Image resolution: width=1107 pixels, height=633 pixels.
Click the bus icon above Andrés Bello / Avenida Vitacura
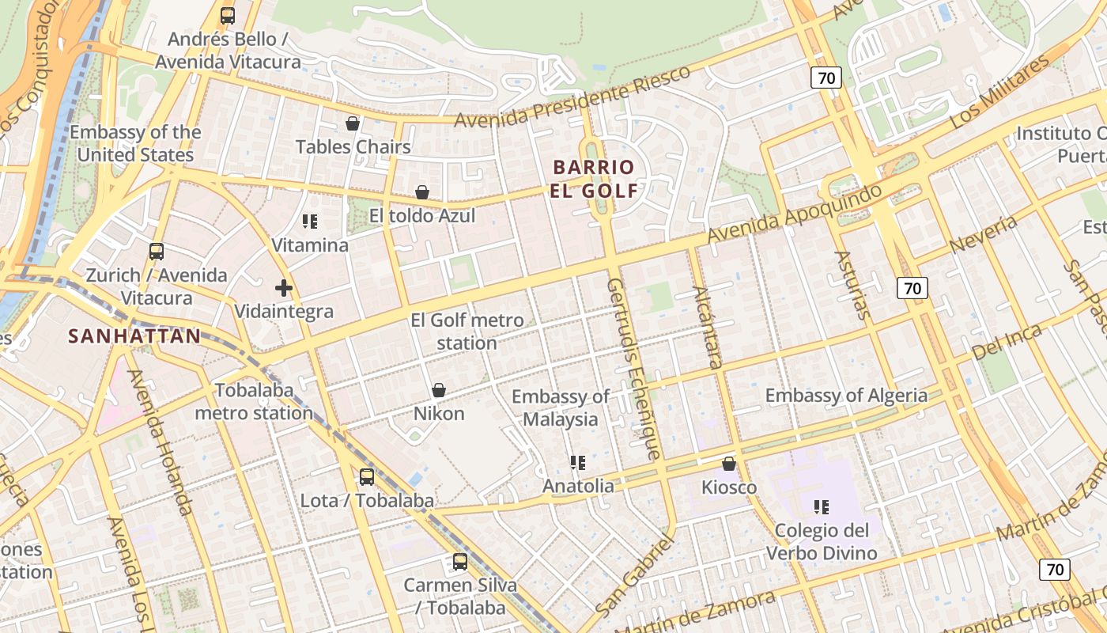click(x=228, y=15)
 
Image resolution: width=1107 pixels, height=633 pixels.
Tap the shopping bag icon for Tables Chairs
click(x=353, y=123)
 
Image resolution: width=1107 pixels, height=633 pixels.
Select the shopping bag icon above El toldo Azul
click(x=422, y=192)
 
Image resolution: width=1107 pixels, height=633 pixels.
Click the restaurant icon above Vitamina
click(x=310, y=222)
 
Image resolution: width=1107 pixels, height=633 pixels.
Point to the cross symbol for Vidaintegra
click(x=284, y=288)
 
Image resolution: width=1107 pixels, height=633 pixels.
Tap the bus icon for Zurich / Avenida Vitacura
click(x=157, y=252)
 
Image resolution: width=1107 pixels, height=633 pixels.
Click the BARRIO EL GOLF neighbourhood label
click(x=595, y=179)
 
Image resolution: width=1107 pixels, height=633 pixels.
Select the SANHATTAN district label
click(x=134, y=336)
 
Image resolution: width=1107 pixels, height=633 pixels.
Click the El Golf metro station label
click(x=467, y=332)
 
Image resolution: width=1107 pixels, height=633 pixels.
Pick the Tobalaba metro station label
click(x=254, y=401)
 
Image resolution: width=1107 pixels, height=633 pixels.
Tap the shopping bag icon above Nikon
click(x=439, y=390)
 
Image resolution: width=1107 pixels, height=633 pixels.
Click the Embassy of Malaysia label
click(x=560, y=407)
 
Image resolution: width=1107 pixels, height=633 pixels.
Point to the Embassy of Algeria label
click(x=846, y=396)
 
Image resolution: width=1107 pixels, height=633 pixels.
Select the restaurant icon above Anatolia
click(x=578, y=462)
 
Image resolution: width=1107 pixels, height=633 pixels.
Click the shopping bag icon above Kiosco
click(x=729, y=464)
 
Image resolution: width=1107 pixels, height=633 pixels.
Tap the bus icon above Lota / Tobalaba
click(x=367, y=476)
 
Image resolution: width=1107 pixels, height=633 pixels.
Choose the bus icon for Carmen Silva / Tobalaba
click(x=460, y=562)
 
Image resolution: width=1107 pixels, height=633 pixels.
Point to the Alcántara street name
click(x=707, y=328)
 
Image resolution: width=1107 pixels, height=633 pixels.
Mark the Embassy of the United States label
click(x=135, y=143)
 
